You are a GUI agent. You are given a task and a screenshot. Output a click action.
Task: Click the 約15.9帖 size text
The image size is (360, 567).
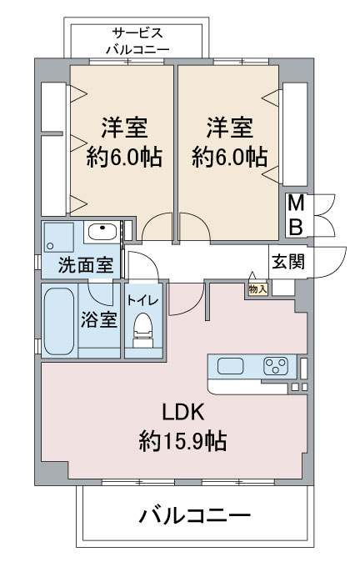[183, 439]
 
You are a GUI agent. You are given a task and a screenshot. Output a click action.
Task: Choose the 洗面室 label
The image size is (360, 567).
[86, 266]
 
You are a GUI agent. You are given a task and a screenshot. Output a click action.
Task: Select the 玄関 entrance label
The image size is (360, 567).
[287, 261]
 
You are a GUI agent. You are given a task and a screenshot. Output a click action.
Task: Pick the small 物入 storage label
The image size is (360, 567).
[257, 289]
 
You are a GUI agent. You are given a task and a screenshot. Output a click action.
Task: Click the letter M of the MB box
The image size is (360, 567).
[295, 203]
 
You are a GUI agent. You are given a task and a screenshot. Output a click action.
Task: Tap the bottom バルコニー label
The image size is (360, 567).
[194, 516]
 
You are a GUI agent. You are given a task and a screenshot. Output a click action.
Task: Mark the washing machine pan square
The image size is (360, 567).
[61, 237]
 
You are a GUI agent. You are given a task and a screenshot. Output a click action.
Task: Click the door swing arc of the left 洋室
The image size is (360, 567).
[157, 226]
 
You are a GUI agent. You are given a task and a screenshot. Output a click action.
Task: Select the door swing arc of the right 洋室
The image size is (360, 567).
[192, 226]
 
